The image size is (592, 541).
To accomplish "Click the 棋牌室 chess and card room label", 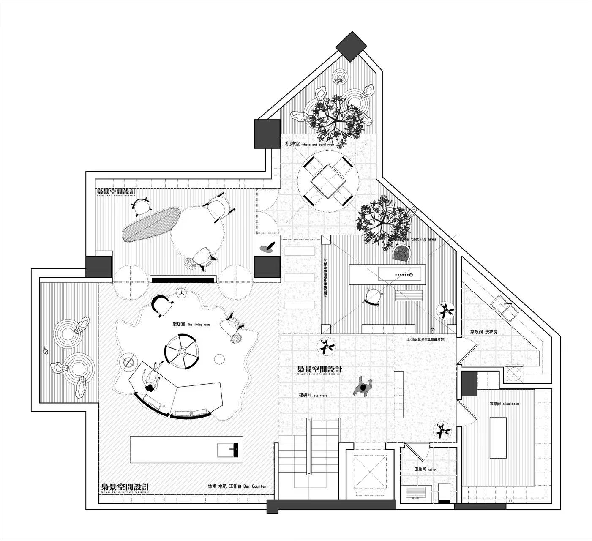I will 309,145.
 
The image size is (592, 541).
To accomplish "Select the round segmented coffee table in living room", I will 182,351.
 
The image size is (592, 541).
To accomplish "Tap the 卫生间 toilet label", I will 425,470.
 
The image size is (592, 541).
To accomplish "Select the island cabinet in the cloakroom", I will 498,437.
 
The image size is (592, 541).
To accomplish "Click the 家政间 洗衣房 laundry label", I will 484,332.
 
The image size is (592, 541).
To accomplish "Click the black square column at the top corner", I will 350,46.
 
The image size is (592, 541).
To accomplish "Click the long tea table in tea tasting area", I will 387,275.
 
